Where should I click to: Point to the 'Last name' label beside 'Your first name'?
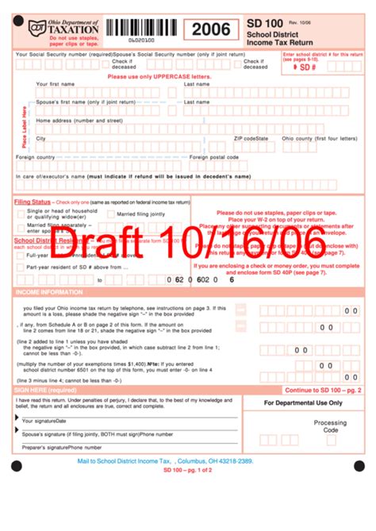pos(197,83)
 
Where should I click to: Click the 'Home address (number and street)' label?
pos(79,120)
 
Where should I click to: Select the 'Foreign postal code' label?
pos(214,157)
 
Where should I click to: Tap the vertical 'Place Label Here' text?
pos(25,126)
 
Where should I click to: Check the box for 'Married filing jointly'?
pos(111,214)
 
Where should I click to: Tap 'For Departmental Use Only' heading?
pos(303,403)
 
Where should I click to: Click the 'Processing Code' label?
pos(330,426)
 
